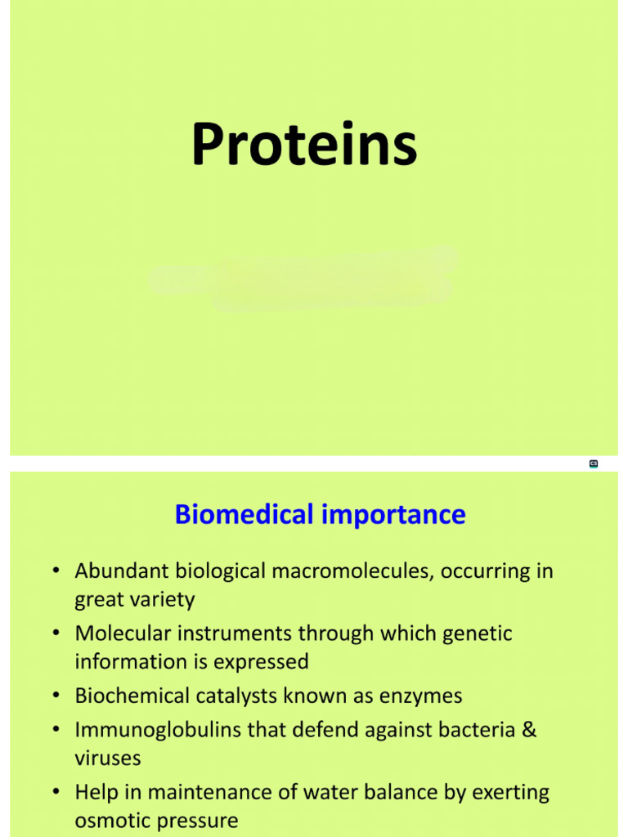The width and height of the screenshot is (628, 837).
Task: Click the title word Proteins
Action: click(304, 145)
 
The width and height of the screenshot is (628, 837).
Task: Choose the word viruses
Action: click(108, 759)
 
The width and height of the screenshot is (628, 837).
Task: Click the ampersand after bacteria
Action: click(529, 730)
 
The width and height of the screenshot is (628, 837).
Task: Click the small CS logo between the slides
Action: click(594, 464)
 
